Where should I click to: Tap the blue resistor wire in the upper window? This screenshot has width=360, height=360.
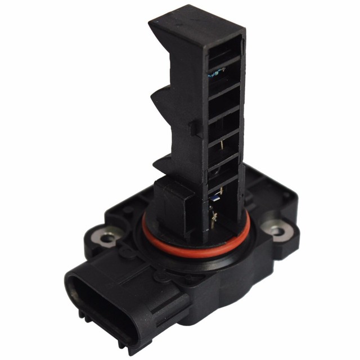217,71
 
